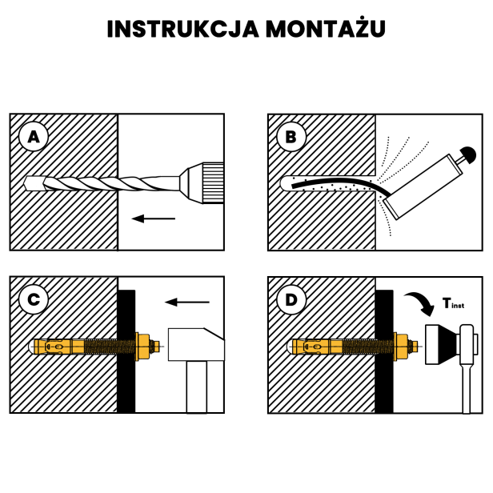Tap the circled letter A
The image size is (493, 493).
[x=33, y=137]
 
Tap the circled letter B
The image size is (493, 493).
[x=291, y=137]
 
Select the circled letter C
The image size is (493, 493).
[x=33, y=300]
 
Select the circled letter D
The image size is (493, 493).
[x=291, y=300]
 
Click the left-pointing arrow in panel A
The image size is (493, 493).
[x=154, y=218]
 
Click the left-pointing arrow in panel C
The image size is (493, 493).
[x=186, y=302]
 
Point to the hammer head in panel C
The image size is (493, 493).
[x=195, y=346]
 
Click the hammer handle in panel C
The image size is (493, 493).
[x=197, y=387]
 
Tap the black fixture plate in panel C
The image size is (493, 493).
[x=126, y=351]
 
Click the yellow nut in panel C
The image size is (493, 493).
[x=144, y=347]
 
